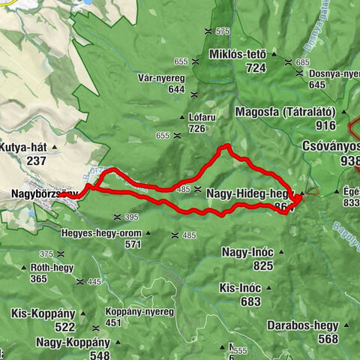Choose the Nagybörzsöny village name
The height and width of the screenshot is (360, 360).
43,193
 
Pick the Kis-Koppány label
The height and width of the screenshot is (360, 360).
43,314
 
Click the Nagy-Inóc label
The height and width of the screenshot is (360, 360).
247,253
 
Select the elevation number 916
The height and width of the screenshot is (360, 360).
325,126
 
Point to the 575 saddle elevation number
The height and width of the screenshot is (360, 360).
222,31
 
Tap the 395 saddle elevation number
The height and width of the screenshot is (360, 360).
131,217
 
